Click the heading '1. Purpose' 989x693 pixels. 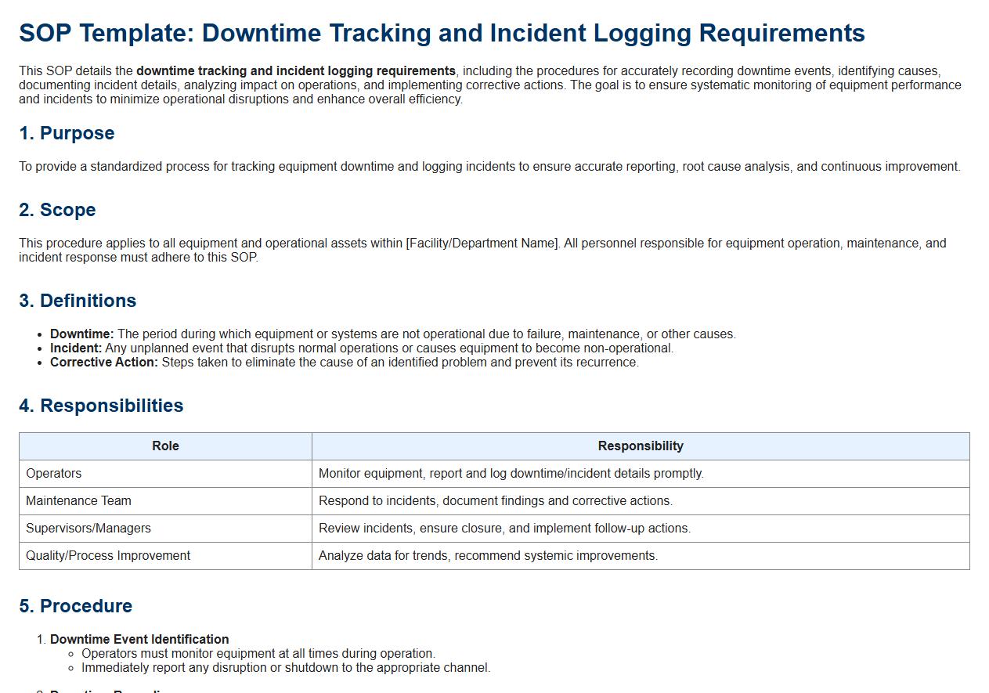[x=67, y=133]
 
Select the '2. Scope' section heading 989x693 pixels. [x=57, y=210]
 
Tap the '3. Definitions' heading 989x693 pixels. [x=78, y=301]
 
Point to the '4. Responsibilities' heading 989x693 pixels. [x=101, y=406]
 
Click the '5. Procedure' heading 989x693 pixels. [x=75, y=606]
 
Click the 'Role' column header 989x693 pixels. [x=165, y=446]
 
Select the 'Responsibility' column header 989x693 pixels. [x=640, y=446]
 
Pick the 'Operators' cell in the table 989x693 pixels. [x=54, y=474]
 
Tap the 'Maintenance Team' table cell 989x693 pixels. [x=78, y=501]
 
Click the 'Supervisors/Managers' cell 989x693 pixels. [x=88, y=529]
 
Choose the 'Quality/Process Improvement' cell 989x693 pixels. [x=108, y=556]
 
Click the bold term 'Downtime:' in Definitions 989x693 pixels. [x=82, y=334]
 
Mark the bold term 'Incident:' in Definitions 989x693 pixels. [x=76, y=348]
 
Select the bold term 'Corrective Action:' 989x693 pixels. [x=104, y=363]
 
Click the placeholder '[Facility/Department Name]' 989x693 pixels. [x=482, y=244]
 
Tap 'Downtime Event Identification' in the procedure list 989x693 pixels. [x=139, y=640]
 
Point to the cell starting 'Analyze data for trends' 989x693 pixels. [x=488, y=556]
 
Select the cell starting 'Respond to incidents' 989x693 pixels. [x=495, y=501]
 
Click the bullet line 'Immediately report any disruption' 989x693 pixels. [x=286, y=668]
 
